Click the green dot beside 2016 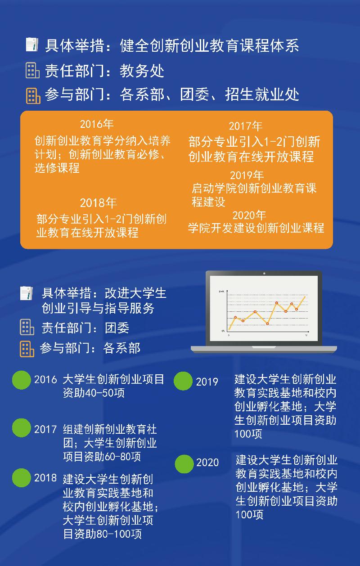[22, 380]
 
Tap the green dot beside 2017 [22, 428]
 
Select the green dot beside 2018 [22, 478]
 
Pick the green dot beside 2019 [183, 381]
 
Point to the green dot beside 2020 [184, 464]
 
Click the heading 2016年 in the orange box [97, 124]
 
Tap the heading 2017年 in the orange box [246, 126]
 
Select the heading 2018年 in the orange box [99, 202]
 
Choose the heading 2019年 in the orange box [247, 175]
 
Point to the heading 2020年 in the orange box [249, 215]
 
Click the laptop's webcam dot [264, 274]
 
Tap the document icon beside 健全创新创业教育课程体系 [32, 45]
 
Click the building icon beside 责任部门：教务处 [32, 70]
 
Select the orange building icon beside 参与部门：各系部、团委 [33, 96]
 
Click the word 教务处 [142, 71]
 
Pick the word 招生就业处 [262, 94]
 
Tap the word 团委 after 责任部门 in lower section [117, 328]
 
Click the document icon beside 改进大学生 [27, 293]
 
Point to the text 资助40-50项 [94, 393]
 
